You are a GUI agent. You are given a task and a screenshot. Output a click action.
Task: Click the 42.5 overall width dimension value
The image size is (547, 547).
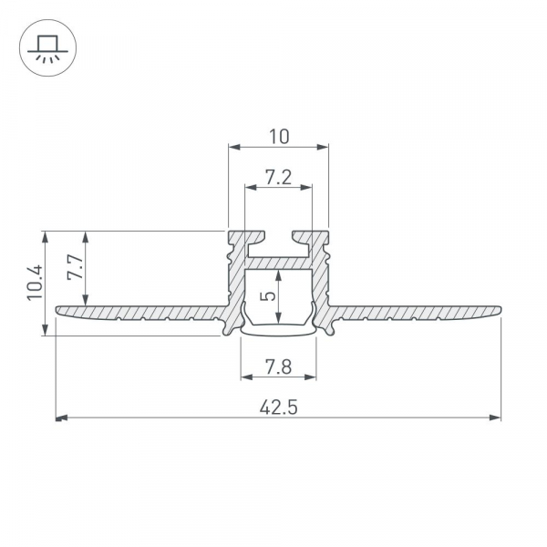(278, 408)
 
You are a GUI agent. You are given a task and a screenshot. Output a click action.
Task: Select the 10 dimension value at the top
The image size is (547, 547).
(279, 137)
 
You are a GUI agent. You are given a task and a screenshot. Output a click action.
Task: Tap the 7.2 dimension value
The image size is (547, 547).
(278, 177)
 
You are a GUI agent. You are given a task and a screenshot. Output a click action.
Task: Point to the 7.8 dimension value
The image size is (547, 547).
(278, 367)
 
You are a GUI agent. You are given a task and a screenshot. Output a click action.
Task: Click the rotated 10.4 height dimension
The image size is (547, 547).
(36, 283)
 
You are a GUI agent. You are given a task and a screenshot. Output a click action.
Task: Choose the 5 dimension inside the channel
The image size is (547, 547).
(268, 296)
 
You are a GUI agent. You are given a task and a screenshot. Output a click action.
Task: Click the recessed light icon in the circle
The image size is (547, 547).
(47, 49)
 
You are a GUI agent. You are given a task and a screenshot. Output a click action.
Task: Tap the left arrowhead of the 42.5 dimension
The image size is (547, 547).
(61, 418)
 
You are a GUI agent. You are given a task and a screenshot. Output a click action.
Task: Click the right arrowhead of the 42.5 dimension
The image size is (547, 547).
(495, 418)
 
